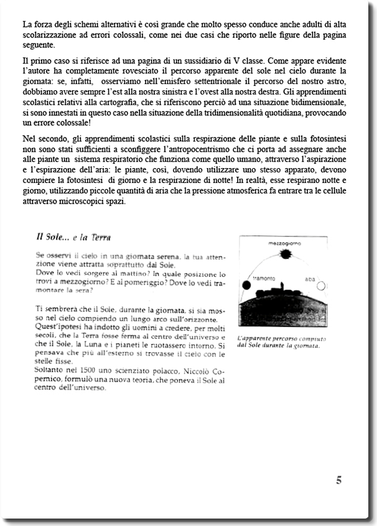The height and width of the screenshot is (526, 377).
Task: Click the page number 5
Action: point(338,479)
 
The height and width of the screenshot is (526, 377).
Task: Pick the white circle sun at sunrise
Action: point(322,286)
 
